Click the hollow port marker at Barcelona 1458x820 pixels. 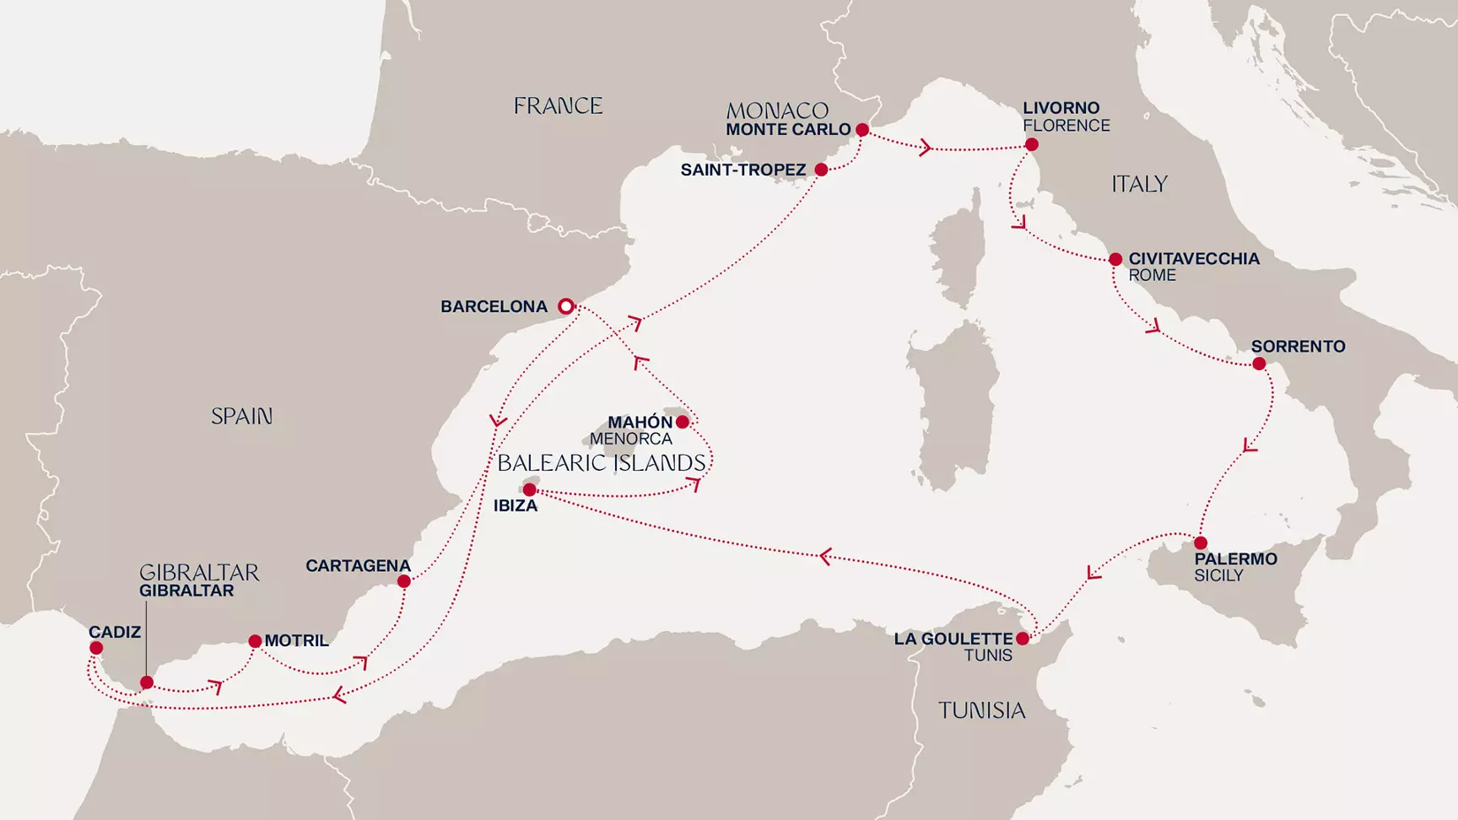click(566, 306)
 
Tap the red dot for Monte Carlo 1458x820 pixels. click(862, 130)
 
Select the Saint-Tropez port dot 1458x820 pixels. click(821, 170)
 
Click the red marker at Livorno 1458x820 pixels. click(1032, 145)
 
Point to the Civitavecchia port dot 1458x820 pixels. click(1115, 260)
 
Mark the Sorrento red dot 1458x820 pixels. click(1259, 364)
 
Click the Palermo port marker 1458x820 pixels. click(1200, 542)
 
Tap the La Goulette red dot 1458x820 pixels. click(1023, 639)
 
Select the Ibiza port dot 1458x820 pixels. click(529, 490)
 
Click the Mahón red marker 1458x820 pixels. click(682, 422)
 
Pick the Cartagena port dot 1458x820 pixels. click(404, 581)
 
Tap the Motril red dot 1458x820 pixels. click(255, 641)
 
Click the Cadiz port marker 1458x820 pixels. click(96, 648)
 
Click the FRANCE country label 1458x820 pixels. click(558, 106)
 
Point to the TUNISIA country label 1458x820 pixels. click(981, 710)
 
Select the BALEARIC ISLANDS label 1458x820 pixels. click(602, 463)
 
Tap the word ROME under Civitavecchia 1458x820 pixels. click(1152, 276)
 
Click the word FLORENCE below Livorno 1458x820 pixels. click(1066, 126)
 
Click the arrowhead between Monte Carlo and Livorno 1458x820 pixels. click(926, 148)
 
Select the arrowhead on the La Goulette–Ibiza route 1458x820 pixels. click(825, 556)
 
